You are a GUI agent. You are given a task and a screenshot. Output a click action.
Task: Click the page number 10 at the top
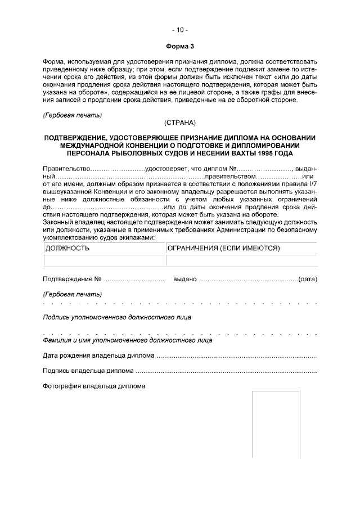(x=180, y=29)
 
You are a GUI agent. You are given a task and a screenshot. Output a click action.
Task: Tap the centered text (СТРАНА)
(x=180, y=123)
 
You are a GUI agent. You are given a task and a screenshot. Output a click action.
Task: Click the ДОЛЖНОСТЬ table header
(x=67, y=248)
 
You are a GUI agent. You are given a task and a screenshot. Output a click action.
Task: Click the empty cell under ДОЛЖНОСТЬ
(x=104, y=260)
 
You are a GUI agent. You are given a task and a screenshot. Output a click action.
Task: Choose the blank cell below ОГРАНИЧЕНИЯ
(x=241, y=260)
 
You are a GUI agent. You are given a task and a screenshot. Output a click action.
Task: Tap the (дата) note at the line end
(x=308, y=279)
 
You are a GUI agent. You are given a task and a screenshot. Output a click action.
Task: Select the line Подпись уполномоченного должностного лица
(x=117, y=317)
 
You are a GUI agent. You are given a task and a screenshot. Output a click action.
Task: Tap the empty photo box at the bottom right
(x=275, y=425)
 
